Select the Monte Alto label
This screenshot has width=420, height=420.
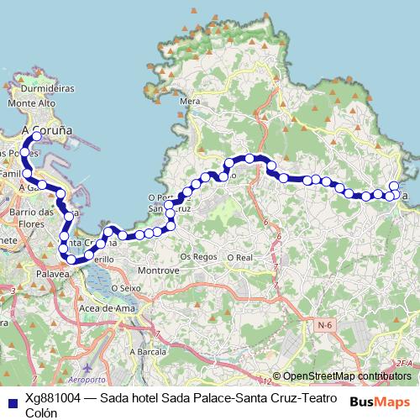tap(31, 102)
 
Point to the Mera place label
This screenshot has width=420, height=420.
tap(191, 101)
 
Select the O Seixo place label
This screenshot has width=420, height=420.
tap(123, 288)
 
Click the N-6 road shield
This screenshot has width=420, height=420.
tap(325, 323)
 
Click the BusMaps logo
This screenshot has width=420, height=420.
tap(379, 401)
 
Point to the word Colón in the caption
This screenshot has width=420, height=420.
tap(41, 412)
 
